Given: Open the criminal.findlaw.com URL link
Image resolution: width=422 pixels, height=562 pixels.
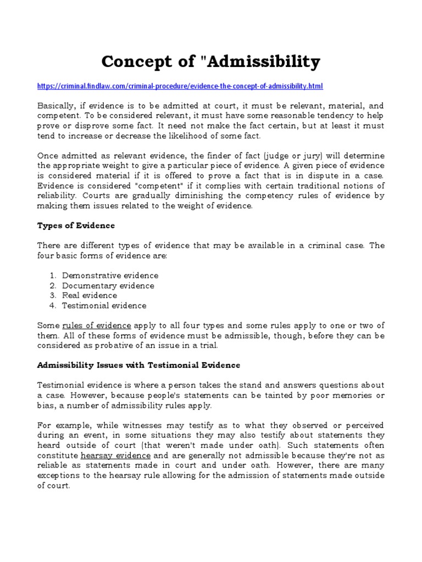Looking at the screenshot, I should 180,86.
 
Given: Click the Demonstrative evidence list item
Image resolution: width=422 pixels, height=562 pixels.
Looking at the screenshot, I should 110,276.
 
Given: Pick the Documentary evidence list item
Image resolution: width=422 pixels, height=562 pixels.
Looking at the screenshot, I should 108,285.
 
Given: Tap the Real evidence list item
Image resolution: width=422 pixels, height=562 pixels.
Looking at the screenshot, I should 89,295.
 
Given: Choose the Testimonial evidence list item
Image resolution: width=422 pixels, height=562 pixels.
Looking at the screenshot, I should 104,305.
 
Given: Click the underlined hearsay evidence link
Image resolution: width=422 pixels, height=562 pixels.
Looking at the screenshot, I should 115,456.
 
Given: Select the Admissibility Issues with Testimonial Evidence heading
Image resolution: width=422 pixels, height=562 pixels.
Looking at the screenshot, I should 138,365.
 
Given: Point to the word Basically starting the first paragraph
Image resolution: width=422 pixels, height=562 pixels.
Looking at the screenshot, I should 57,105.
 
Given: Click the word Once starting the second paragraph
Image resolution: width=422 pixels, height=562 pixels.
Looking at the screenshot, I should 47,155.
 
